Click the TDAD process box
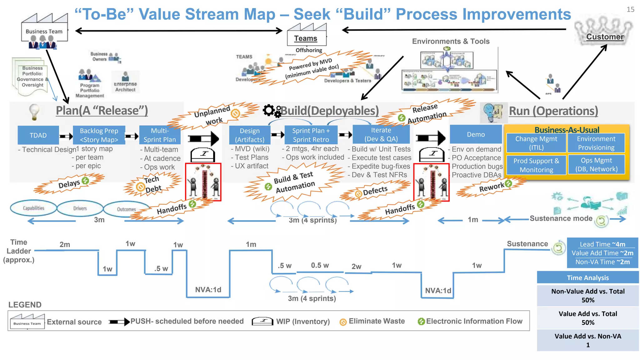[38, 135]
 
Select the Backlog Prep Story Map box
[99, 135]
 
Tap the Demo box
[476, 134]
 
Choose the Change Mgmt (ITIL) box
[536, 143]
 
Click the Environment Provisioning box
[596, 143]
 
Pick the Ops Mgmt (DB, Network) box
[596, 165]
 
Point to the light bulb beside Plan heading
[34, 112]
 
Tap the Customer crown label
[604, 36]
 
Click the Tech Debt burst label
[152, 184]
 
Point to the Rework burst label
[491, 187]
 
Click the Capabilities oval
[33, 208]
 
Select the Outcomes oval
[126, 209]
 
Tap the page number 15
[630, 9]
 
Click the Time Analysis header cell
[587, 277]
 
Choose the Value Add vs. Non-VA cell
[587, 340]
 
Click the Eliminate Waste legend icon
[343, 322]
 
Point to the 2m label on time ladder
[65, 244]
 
